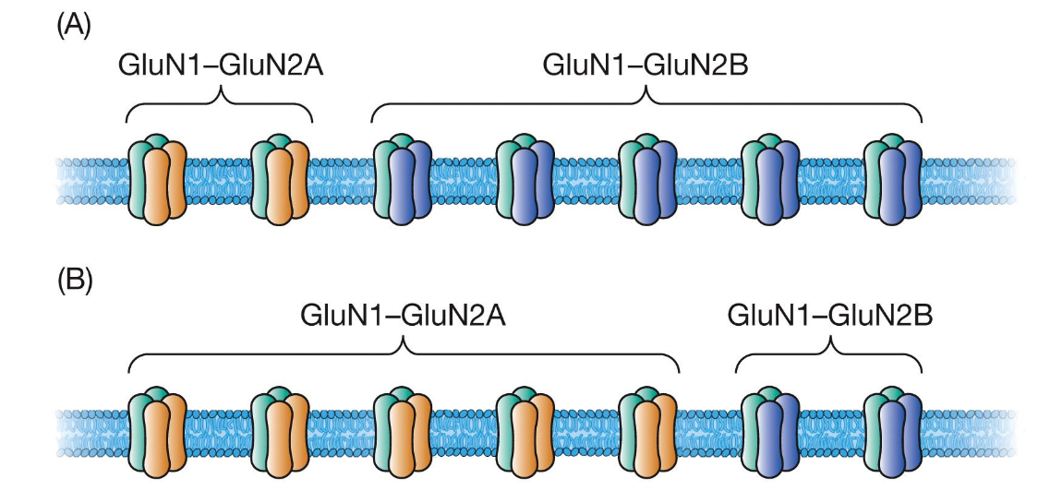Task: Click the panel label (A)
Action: (74, 29)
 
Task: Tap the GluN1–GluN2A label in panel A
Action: (220, 66)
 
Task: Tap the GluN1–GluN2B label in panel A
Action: (646, 66)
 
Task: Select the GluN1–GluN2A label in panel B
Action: (404, 315)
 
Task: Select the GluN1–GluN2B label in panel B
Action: (830, 315)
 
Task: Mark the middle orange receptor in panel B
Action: (403, 432)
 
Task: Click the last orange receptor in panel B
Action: (647, 432)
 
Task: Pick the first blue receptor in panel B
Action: (770, 432)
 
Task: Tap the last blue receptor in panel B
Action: (893, 432)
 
